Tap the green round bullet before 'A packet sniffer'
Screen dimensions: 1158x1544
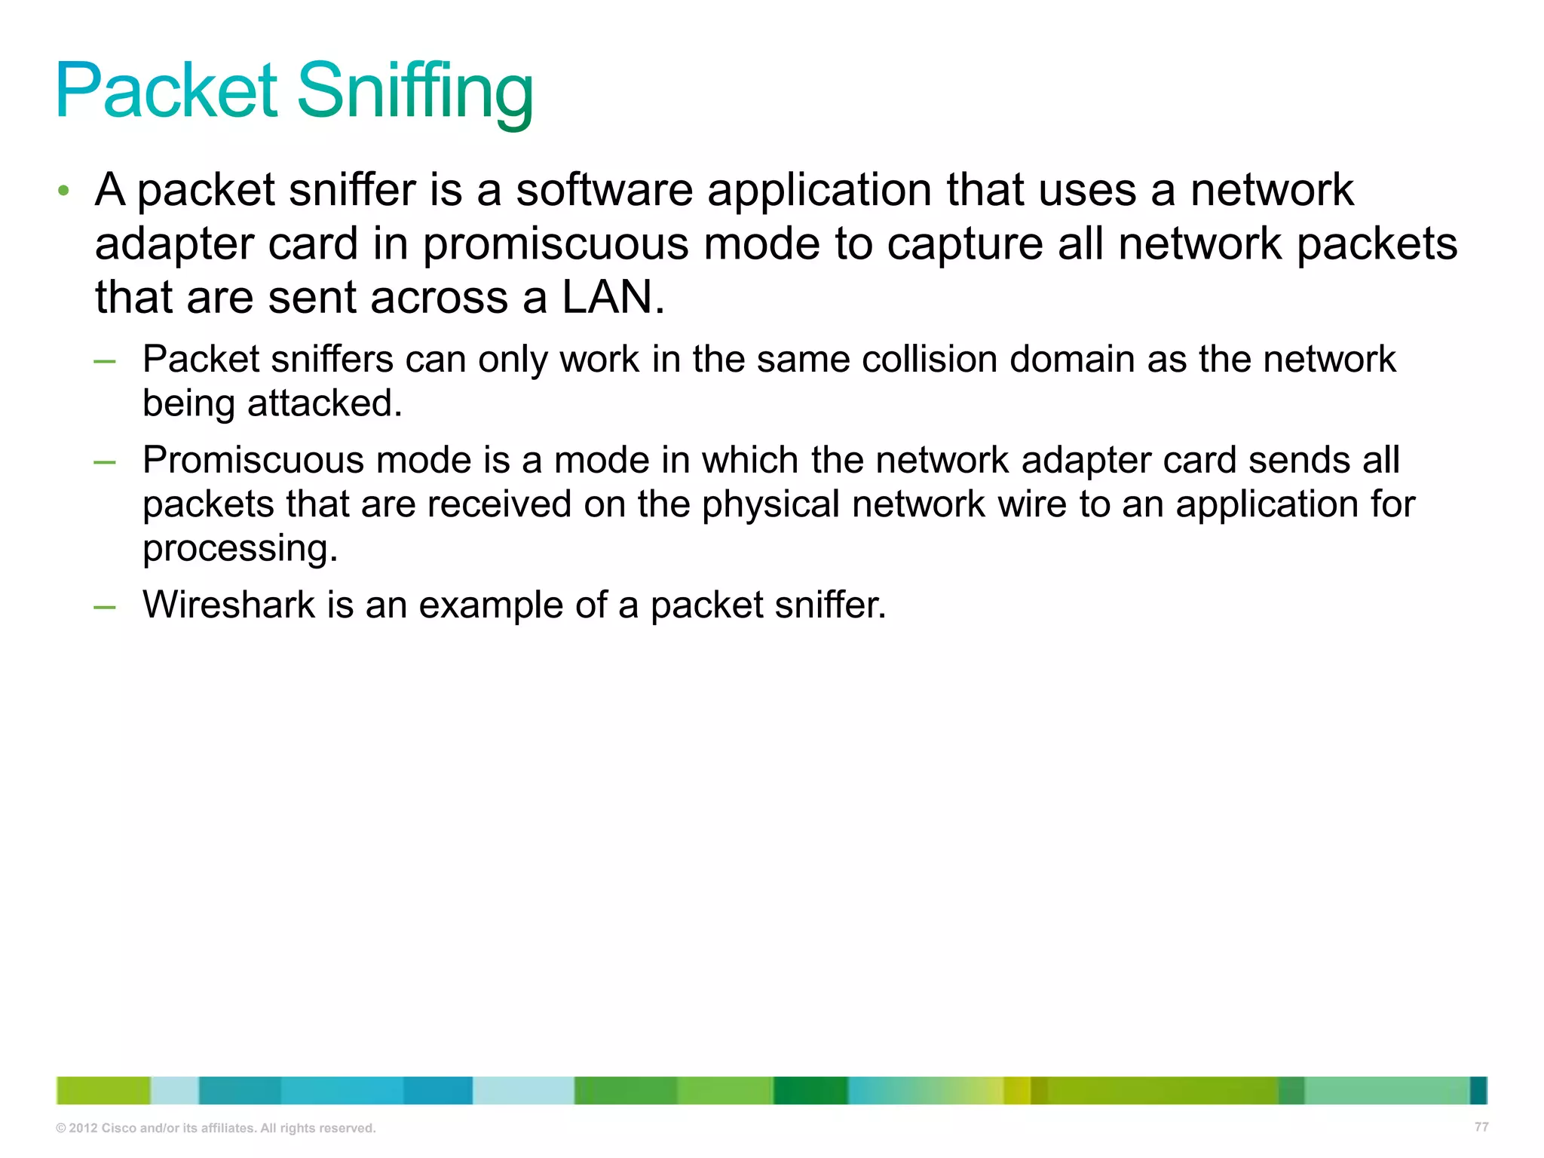64,191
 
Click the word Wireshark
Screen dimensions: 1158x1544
228,605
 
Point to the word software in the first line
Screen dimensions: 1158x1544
604,190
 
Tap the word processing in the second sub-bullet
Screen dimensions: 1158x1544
240,548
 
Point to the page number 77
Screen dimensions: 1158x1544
1481,1127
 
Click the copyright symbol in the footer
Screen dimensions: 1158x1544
61,1129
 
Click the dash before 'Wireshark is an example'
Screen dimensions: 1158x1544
105,607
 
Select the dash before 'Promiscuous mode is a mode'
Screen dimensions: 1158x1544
105,462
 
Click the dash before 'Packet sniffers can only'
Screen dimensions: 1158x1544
105,361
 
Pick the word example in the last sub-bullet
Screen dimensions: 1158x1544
491,605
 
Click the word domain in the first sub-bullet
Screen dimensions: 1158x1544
1071,359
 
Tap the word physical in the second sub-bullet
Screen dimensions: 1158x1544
770,504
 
